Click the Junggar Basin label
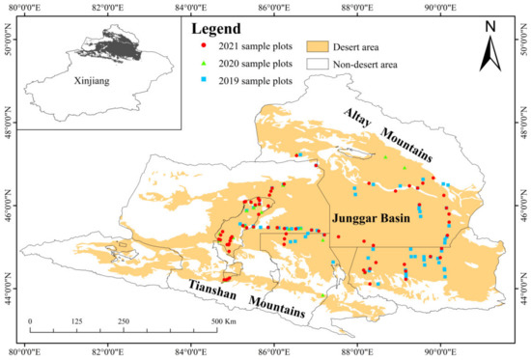374,219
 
